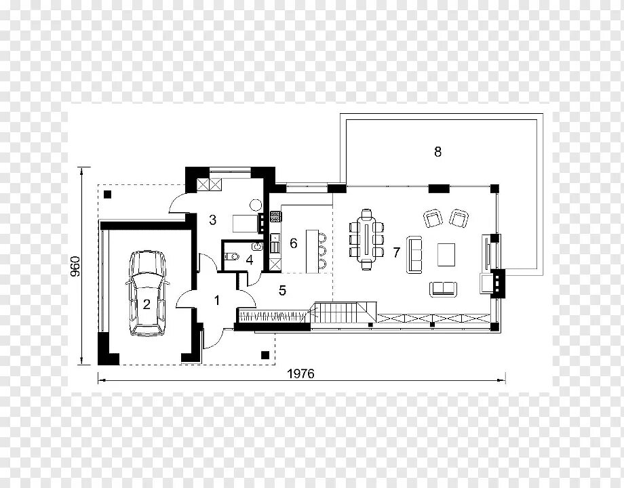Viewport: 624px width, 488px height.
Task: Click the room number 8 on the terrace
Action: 437,152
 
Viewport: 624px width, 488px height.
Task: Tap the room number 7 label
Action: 396,252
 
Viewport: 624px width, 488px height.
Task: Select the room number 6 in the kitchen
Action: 294,243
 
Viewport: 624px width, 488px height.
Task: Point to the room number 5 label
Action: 282,290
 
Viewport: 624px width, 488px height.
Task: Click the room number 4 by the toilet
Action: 250,260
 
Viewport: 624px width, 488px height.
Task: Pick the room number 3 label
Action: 212,220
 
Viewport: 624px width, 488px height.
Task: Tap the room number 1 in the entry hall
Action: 217,300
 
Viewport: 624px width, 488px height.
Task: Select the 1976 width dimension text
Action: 301,374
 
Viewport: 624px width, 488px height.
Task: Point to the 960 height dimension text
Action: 75,266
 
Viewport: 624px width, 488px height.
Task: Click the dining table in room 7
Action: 366,240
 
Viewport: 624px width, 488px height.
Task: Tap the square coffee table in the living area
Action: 446,255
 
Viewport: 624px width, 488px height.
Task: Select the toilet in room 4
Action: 231,256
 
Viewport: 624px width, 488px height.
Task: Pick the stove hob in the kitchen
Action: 275,216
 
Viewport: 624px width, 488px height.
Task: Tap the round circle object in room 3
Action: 256,205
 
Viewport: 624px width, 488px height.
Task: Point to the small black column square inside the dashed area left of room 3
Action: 107,194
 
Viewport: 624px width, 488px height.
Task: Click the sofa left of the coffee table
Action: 414,255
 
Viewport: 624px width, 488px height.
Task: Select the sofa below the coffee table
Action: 444,289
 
